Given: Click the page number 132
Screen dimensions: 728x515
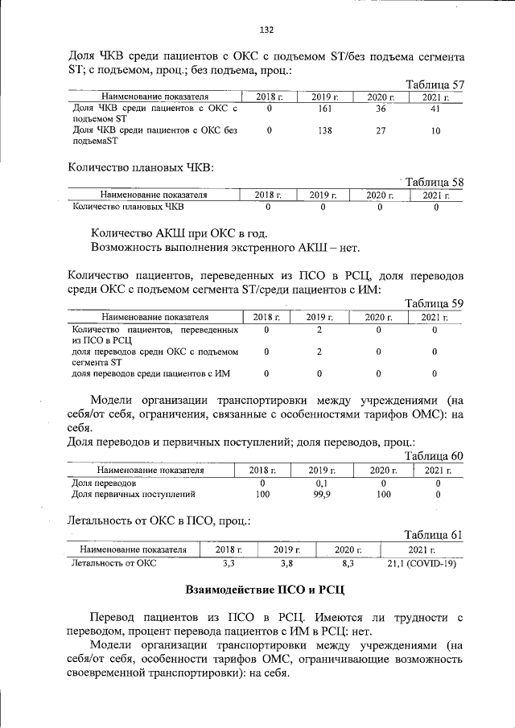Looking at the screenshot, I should click(x=266, y=30).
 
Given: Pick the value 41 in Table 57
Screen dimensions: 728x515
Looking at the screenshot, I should click(x=435, y=108).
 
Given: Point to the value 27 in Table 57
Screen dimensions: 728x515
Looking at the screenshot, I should click(x=381, y=130).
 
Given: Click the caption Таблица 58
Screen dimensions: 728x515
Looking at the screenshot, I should click(x=435, y=182).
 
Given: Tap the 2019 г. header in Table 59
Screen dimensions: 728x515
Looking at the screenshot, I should click(x=319, y=317).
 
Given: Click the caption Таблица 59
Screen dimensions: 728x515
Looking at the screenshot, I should click(x=435, y=303).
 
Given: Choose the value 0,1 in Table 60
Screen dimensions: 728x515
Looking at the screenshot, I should click(x=322, y=483).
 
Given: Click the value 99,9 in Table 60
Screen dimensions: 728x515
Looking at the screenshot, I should click(x=322, y=495).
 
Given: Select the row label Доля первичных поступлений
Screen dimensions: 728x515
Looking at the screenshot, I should click(x=134, y=495).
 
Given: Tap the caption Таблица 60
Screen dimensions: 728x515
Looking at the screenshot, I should click(x=435, y=455).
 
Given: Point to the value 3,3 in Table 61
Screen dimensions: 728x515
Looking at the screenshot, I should click(x=229, y=563).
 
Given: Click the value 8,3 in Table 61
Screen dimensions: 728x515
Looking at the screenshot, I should click(x=348, y=563).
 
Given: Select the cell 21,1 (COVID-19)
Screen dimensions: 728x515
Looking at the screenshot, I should click(x=422, y=563).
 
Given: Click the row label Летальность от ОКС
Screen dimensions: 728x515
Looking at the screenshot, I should click(x=114, y=563).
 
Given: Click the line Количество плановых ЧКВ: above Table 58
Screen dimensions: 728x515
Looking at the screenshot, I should click(x=140, y=167).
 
